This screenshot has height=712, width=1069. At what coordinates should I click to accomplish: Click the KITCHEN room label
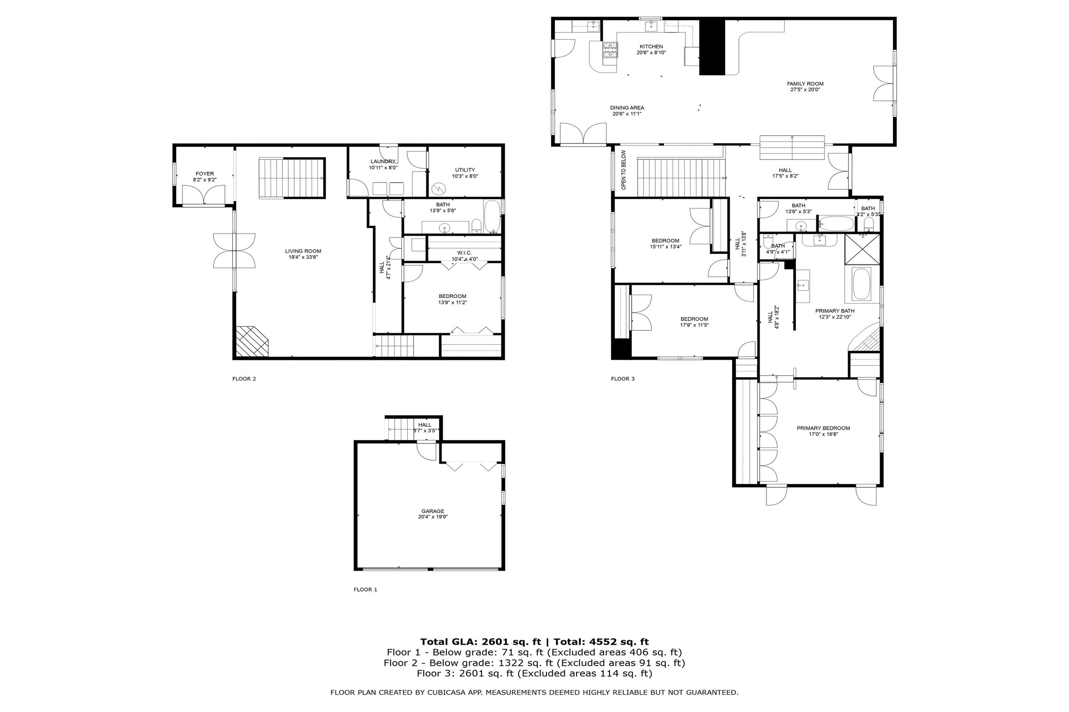(651, 47)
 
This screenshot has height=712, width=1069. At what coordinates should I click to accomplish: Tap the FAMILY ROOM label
(805, 84)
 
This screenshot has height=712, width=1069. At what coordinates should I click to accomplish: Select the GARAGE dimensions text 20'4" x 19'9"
(432, 517)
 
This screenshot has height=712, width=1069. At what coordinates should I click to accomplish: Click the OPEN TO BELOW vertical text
(623, 170)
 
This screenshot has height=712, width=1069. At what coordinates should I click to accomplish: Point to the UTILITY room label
(465, 170)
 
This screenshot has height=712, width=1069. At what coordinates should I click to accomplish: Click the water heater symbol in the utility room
(438, 188)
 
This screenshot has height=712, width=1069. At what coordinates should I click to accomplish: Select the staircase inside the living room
(291, 178)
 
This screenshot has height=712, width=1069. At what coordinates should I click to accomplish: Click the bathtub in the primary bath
(861, 284)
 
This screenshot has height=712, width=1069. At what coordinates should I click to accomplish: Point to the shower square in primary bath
(862, 249)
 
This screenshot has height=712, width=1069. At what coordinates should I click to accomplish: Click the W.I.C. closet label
(464, 253)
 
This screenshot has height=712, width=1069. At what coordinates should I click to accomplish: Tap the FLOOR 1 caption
(365, 589)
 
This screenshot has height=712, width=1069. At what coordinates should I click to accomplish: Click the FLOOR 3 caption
(623, 379)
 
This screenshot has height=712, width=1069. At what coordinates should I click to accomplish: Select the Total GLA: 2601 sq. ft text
(480, 642)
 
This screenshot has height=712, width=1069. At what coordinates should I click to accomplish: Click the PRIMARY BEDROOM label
(823, 428)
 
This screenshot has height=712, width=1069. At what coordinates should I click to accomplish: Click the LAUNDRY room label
(382, 161)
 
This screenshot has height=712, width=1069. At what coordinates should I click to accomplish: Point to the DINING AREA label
(627, 108)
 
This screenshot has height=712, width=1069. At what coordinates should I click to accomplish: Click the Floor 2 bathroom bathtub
(492, 216)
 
